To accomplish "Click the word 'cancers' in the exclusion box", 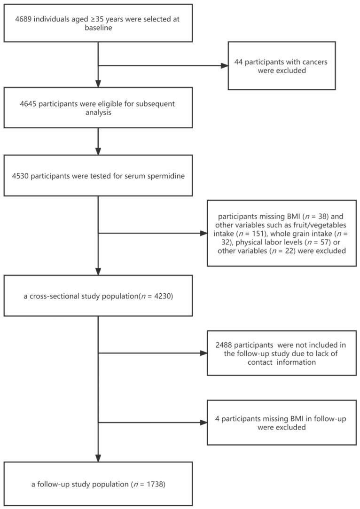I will click(308, 61).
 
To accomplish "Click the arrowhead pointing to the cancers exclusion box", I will click(224, 65).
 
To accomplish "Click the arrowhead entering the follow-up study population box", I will click(98, 458).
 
